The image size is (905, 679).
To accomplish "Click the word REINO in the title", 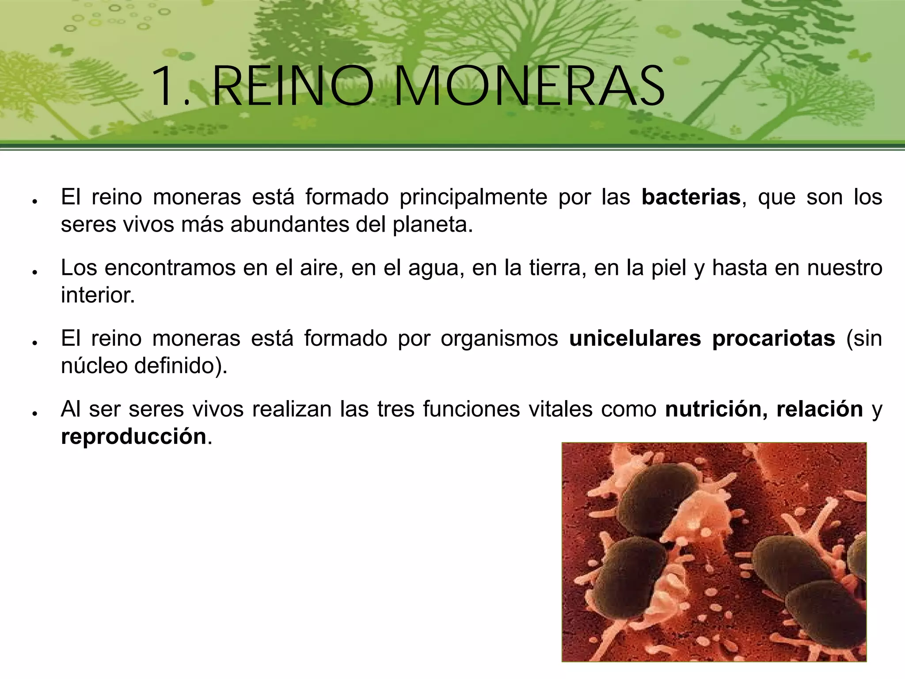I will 293,86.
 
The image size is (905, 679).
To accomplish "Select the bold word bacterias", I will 691,197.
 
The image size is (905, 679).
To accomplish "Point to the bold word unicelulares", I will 635,339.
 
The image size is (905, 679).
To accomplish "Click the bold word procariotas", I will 773,339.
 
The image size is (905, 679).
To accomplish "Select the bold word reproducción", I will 134,437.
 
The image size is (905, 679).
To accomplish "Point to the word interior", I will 98,295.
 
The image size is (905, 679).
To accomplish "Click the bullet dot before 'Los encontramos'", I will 34,272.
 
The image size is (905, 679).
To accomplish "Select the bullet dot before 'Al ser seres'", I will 34,413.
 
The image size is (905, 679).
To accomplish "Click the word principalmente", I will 473,197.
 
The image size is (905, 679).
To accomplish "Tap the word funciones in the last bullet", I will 472,409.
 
